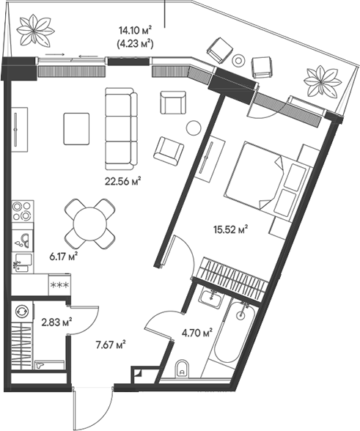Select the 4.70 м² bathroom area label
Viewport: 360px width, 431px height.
[196, 333]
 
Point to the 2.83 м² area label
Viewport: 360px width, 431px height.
[57, 322]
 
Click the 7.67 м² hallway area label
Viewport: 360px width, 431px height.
[111, 345]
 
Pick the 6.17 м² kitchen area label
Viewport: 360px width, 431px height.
[62, 257]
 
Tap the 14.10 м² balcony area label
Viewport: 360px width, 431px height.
[136, 30]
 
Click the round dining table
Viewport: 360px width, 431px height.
[89, 224]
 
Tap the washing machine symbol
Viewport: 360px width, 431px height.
[22, 311]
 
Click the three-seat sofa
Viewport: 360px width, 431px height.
[121, 129]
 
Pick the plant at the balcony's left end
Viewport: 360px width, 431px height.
[34, 30]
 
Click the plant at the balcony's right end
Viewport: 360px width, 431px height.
[323, 81]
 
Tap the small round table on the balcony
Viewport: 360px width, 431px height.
[238, 60]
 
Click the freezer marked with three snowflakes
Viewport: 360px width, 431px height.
[59, 284]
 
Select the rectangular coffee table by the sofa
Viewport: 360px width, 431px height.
[76, 129]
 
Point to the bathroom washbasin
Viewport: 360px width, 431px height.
[211, 298]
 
